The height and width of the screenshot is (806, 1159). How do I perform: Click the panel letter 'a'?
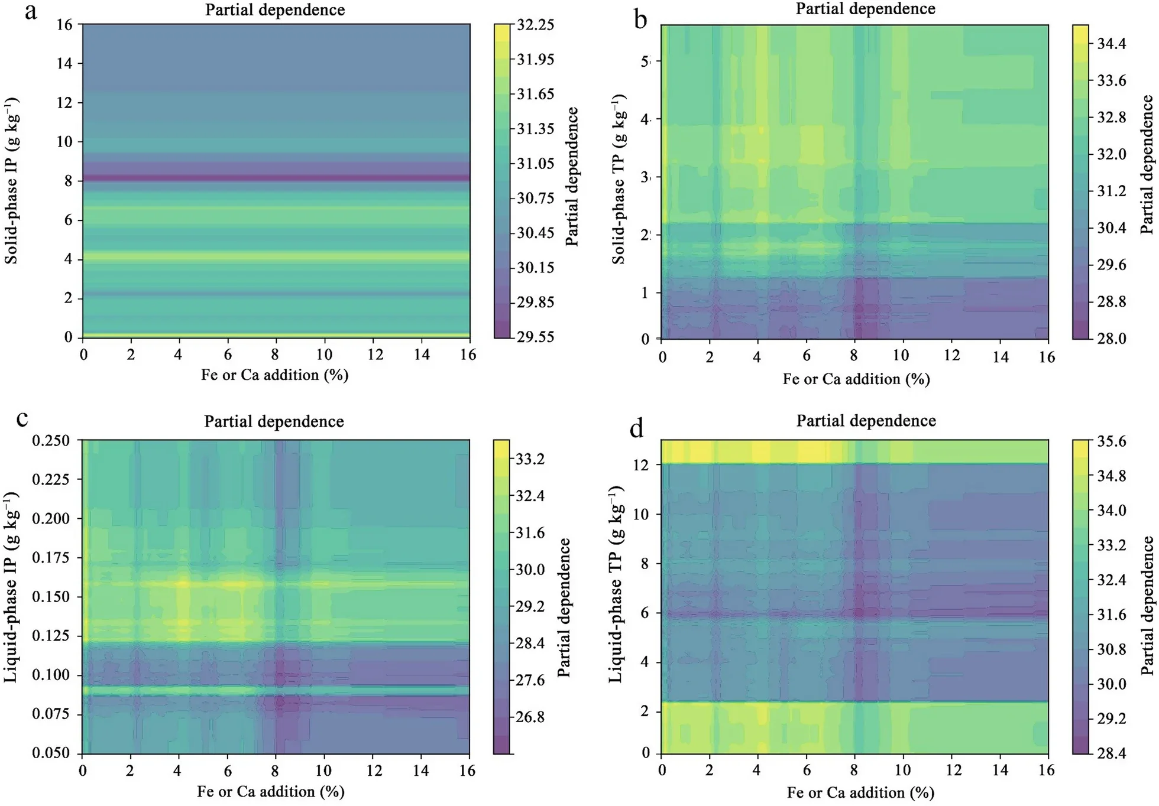tap(31, 12)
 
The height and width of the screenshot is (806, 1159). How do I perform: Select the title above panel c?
tap(274, 421)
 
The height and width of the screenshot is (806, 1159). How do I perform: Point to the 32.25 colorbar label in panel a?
tap(535, 25)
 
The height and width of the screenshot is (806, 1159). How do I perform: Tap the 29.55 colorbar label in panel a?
tap(535, 337)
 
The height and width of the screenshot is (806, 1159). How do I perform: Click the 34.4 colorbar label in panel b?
tap(1112, 44)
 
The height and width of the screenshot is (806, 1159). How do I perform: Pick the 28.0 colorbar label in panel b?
tap(1112, 338)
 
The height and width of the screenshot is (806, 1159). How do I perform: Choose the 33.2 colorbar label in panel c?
tap(530, 459)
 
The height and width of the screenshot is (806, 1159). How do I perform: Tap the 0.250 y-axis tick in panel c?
tap(52, 440)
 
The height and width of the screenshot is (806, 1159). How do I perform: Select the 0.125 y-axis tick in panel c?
tap(52, 636)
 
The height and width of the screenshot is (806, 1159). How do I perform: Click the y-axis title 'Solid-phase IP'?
tap(11, 181)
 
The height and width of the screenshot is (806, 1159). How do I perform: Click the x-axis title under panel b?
tap(856, 379)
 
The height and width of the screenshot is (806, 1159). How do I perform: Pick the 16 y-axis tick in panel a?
tap(64, 25)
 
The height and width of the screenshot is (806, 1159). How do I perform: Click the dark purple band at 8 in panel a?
tap(276, 177)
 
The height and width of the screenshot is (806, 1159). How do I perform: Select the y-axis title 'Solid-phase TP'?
tap(619, 178)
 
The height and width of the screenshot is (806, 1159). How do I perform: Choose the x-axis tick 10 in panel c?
tap(323, 771)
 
